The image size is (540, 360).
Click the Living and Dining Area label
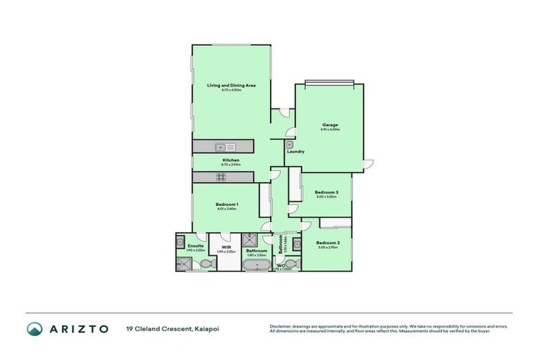[231, 85]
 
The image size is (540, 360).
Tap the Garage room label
[330, 124]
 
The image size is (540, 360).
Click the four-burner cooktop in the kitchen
[221, 176]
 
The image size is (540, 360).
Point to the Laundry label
[295, 152]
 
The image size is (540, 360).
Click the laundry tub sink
[289, 144]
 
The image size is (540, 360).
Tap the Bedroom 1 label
[226, 204]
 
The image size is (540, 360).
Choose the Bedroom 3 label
[327, 192]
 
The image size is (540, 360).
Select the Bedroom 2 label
[328, 243]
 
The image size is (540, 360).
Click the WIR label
[226, 247]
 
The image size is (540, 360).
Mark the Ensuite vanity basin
[180, 240]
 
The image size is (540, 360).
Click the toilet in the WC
[294, 264]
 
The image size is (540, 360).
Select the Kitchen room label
[231, 160]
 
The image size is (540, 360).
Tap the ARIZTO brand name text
[79, 328]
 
